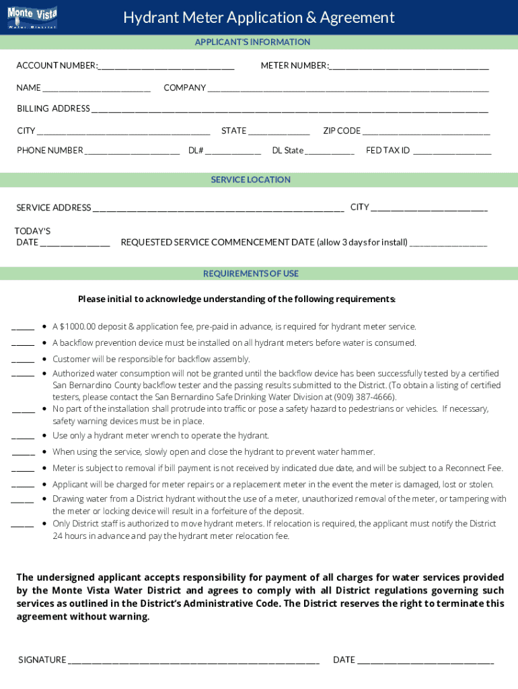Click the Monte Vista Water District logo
pos(32,17)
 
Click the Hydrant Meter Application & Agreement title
pos(259,17)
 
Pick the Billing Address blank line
pos(290,109)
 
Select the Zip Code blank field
pos(427,131)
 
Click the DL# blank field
pos(233,151)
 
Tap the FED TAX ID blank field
pos(452,151)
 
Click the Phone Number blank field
pos(133,151)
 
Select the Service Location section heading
pos(251,180)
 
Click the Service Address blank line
pos(219,208)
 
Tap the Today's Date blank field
pos(75,243)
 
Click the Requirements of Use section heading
pos(251,274)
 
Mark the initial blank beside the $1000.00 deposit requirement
pos(23,328)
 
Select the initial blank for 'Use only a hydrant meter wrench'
pos(23,437)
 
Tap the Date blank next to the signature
pos(426,660)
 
